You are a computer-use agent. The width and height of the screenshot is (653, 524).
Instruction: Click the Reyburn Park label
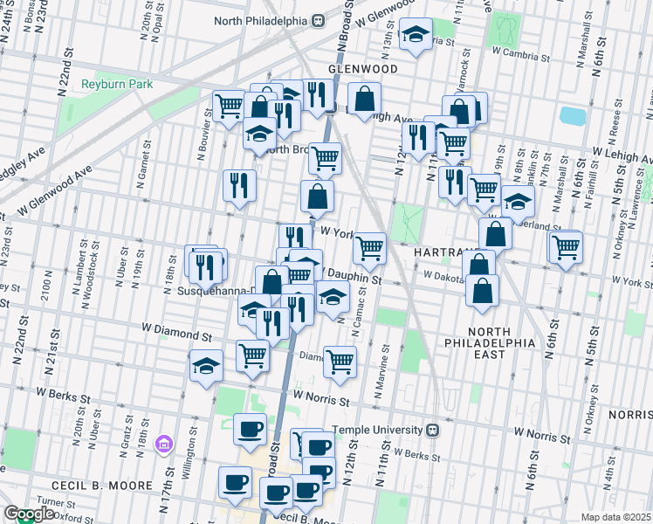click(117, 84)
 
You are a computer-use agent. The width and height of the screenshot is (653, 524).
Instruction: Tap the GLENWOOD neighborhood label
click(362, 68)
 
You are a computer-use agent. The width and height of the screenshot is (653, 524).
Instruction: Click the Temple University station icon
click(433, 430)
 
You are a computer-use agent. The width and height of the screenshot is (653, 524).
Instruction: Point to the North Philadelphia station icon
click(319, 20)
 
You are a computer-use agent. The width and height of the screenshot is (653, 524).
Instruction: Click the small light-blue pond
click(572, 116)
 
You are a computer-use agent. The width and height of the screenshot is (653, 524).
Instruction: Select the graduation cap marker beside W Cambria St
click(416, 35)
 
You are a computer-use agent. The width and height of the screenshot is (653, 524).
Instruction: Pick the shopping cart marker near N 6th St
click(566, 246)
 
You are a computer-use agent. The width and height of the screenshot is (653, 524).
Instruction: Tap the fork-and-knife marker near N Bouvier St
click(238, 184)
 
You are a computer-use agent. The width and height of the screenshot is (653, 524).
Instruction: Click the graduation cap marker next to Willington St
click(206, 364)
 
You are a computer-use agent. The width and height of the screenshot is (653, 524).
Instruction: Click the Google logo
click(28, 514)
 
